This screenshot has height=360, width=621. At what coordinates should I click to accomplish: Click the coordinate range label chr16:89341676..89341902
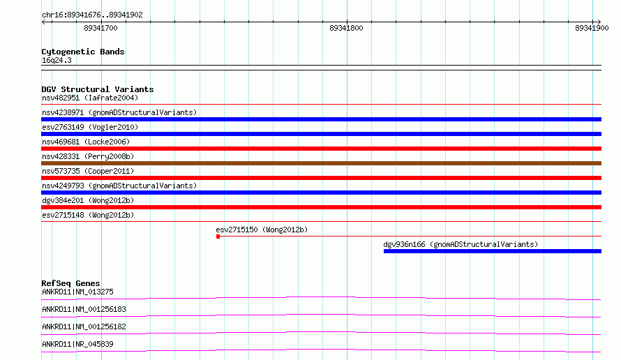coord(92,15)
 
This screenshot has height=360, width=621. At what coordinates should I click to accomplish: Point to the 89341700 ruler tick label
coord(100,28)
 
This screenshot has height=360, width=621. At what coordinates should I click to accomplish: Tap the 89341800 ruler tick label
coord(346,28)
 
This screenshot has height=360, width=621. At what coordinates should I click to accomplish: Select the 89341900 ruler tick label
coord(592,28)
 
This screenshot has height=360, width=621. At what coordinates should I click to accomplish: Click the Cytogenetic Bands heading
coord(83,52)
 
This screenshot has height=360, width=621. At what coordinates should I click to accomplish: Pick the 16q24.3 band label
coord(57,60)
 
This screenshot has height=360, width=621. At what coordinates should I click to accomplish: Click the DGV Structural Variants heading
coord(98,89)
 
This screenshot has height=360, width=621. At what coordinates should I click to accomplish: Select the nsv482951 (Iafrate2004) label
coord(90,98)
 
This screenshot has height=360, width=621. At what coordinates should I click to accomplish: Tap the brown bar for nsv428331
coord(321,163)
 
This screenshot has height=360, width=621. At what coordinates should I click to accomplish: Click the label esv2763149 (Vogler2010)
coord(90,127)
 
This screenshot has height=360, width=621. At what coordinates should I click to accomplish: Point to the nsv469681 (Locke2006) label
coord(86,142)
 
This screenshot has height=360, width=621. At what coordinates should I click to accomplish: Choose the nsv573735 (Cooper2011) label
coord(88,171)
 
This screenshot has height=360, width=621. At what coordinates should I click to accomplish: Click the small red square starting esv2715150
coord(218,237)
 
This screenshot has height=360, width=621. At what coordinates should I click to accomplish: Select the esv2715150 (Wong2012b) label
coord(262,230)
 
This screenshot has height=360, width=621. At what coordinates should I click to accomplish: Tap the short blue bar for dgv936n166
coord(493,251)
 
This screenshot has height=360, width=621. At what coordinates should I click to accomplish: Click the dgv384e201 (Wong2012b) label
coord(88,200)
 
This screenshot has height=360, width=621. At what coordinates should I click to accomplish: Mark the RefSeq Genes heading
coord(70,283)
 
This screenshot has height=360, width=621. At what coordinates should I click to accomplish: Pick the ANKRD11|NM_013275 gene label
coord(77,292)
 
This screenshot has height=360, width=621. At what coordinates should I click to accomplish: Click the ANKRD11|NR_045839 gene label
coord(77,344)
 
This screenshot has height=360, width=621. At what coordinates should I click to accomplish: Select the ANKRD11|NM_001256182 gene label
coord(84,327)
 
